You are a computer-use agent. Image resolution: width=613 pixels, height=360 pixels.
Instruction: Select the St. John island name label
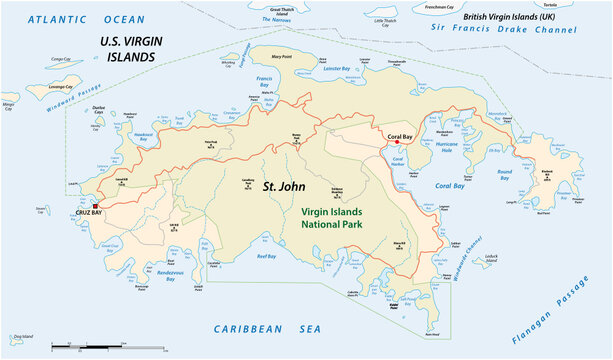pos(284,186)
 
